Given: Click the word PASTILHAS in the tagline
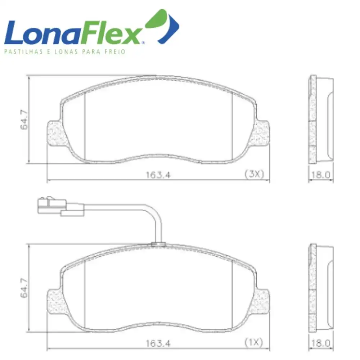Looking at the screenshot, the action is click(24, 51).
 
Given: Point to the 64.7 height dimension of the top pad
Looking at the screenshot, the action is click(24, 120).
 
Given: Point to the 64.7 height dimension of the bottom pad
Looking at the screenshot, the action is click(24, 288).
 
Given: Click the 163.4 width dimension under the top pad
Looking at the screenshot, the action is click(158, 175).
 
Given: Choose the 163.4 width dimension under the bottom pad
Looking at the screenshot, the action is click(158, 343).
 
